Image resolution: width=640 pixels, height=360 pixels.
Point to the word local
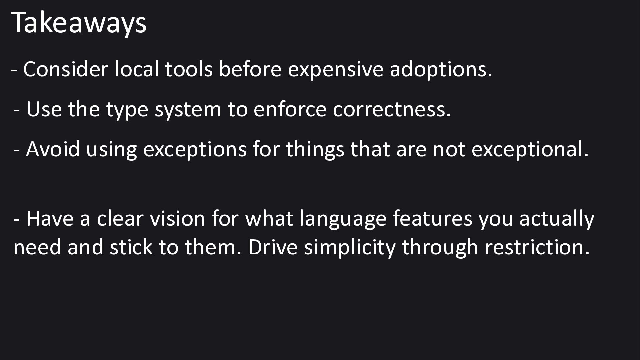pyautogui.click(x=137, y=69)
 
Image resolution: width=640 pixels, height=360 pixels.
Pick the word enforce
pyautogui.click(x=290, y=109)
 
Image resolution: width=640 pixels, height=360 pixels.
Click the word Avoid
pyautogui.click(x=53, y=149)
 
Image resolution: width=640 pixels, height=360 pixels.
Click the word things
pyautogui.click(x=315, y=149)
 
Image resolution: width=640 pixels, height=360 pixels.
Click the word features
pyautogui.click(x=433, y=218)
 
